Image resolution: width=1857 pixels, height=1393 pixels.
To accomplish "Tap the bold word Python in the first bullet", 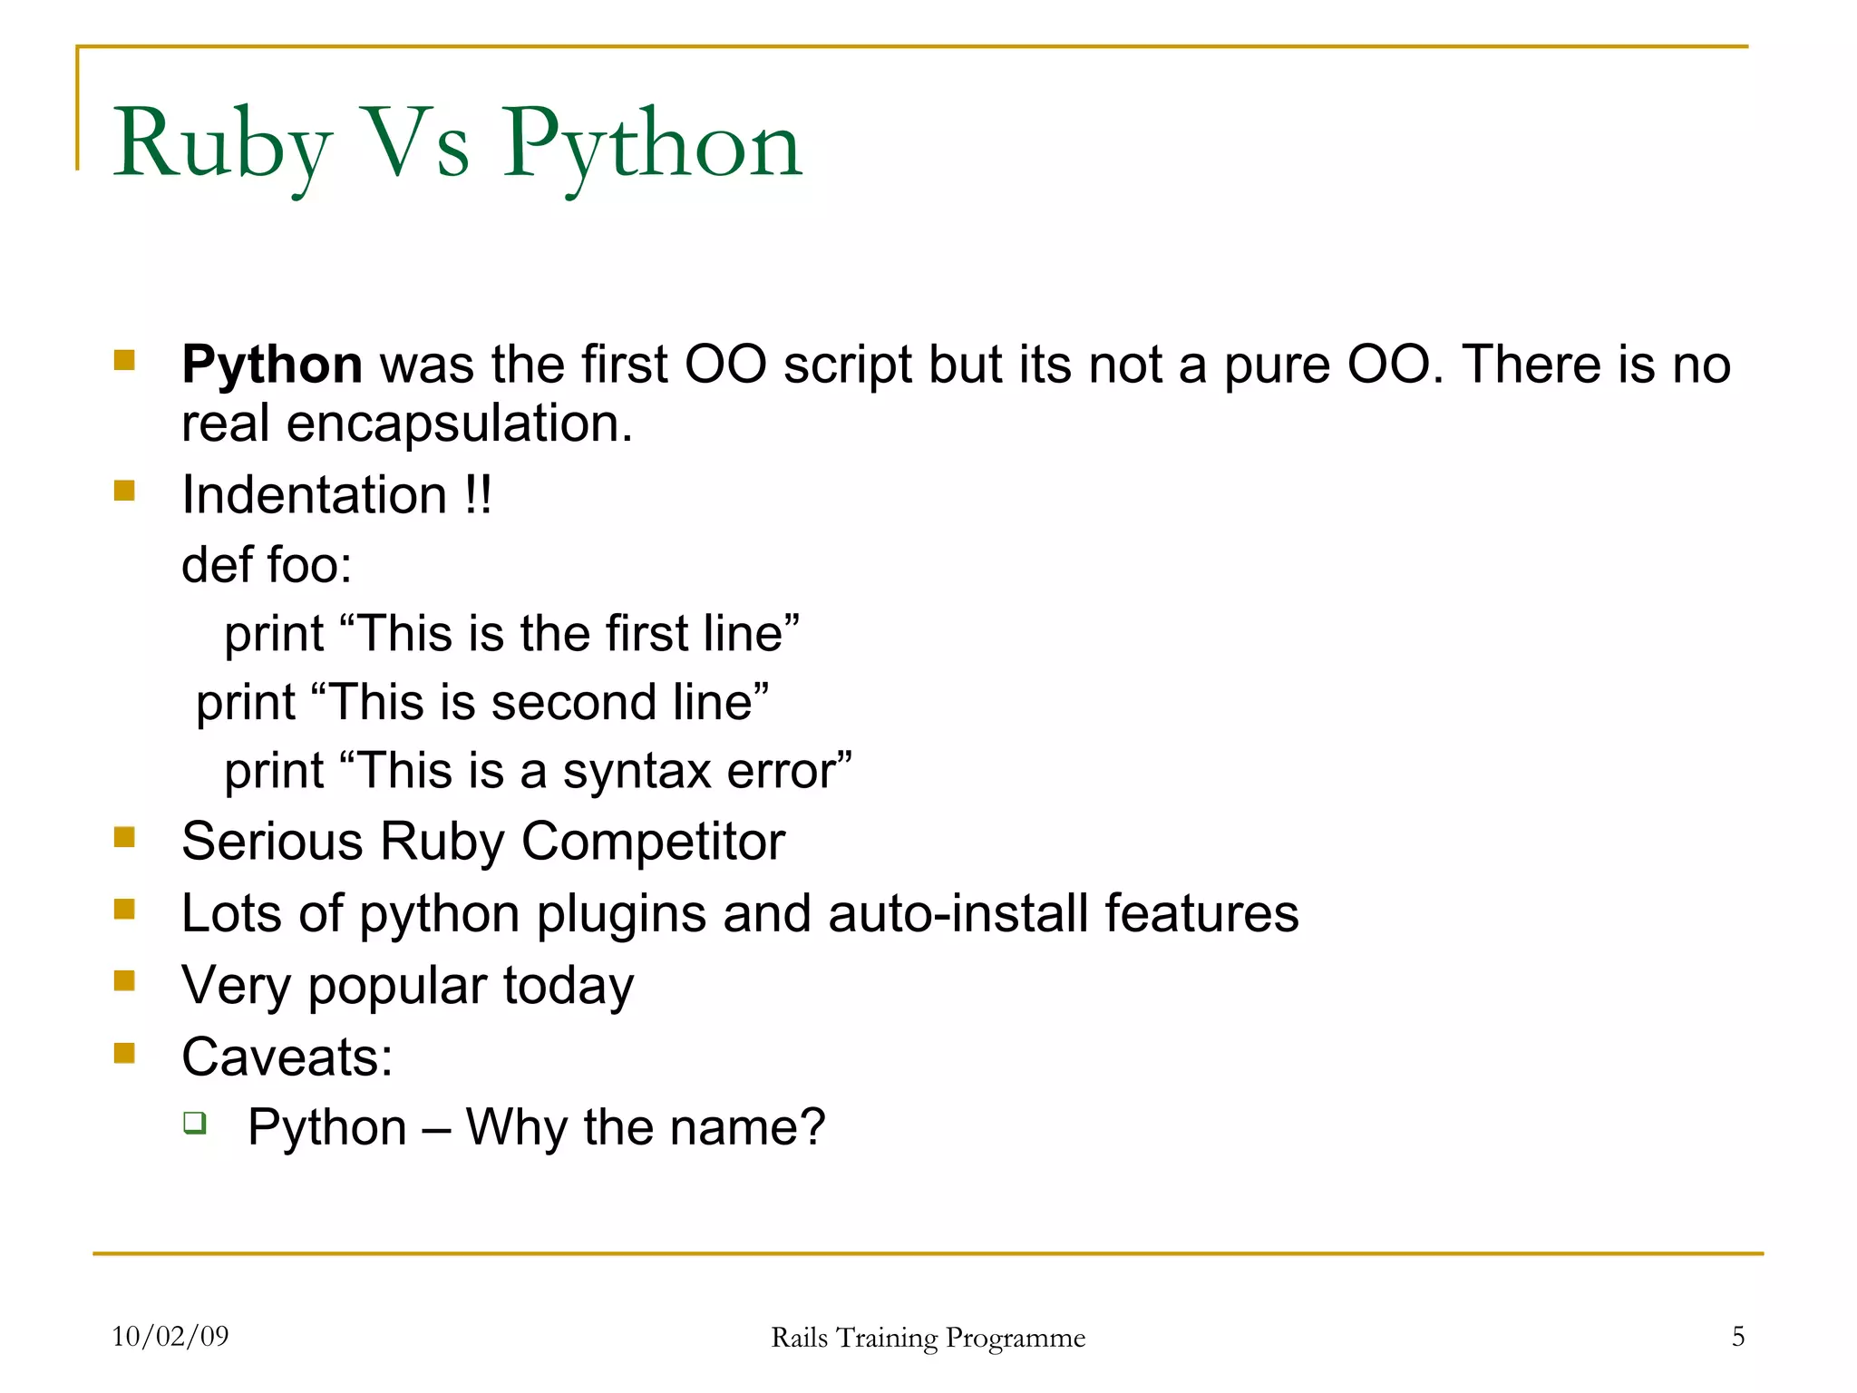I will (272, 365).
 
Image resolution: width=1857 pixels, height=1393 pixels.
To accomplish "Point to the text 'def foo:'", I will (267, 564).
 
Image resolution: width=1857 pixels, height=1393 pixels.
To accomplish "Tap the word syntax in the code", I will (637, 771).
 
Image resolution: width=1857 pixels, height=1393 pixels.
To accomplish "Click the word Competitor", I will (652, 842).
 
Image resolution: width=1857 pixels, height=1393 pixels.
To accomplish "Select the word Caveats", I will (287, 1057).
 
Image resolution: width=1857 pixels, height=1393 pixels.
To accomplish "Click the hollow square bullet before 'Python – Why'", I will (195, 1123).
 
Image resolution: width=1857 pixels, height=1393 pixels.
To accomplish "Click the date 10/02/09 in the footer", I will (170, 1336).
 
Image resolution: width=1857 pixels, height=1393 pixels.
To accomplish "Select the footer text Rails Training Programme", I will (928, 1338).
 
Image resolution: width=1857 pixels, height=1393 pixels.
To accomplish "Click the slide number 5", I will (1737, 1336).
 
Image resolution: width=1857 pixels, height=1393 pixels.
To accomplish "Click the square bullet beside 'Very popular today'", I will (124, 980).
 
